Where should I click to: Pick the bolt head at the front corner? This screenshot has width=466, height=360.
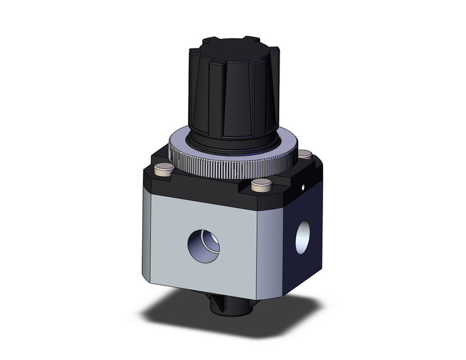[x=262, y=183]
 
